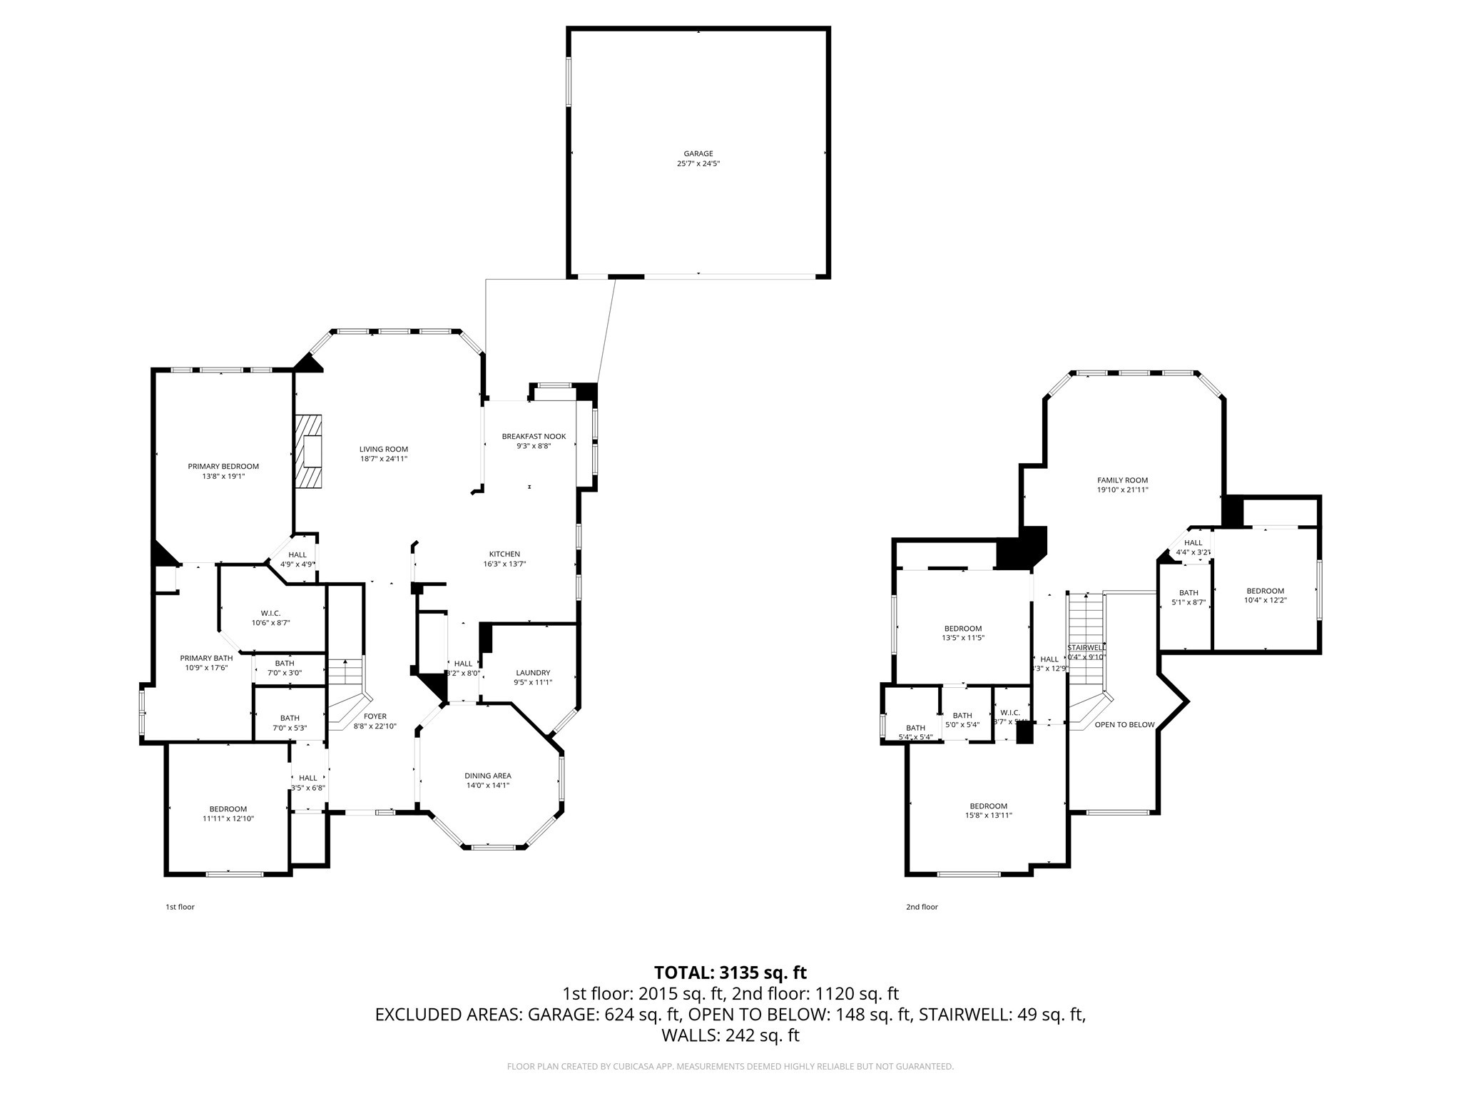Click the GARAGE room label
point(698,153)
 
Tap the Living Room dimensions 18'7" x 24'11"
point(383,459)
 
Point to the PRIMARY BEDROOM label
point(223,466)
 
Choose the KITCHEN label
point(504,554)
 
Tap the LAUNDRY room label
point(533,672)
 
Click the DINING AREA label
point(488,776)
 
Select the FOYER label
point(375,716)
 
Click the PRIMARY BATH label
point(206,658)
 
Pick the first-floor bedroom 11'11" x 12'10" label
point(228,809)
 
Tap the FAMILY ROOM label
point(1122,480)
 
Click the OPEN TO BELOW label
point(1124,724)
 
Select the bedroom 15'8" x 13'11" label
point(988,806)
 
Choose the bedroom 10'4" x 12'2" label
point(1265,591)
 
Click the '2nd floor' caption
point(922,907)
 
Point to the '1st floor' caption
point(180,907)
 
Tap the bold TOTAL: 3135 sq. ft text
point(730,972)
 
